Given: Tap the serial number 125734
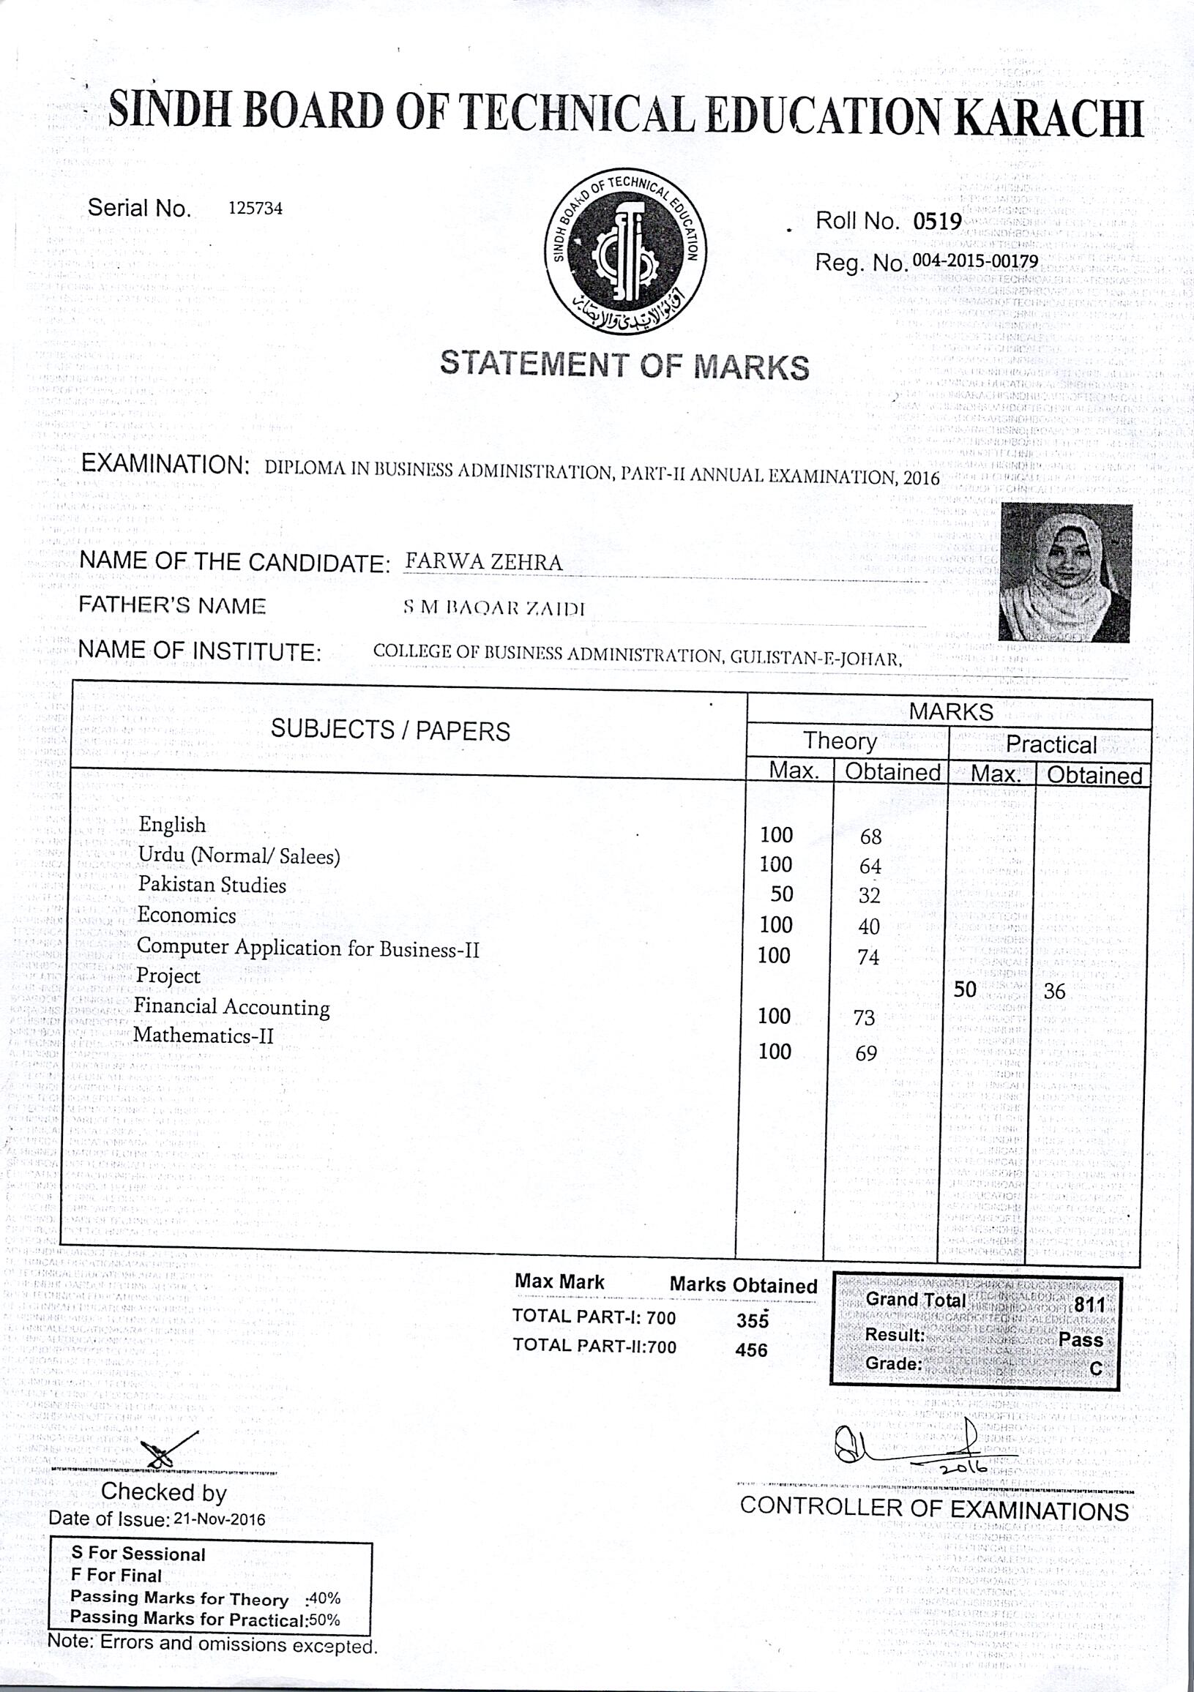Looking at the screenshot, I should pyautogui.click(x=255, y=209).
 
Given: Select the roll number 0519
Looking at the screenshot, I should pyautogui.click(x=937, y=222).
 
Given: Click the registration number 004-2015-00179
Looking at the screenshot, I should pyautogui.click(x=975, y=261).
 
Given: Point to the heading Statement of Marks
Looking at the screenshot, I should pyautogui.click(x=624, y=365).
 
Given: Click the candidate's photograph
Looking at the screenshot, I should pyautogui.click(x=1065, y=572).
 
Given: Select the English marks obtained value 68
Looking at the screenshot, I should pyautogui.click(x=870, y=836).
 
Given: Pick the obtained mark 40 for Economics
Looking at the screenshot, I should pyautogui.click(x=869, y=927).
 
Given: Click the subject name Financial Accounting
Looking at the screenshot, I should pyautogui.click(x=231, y=1007).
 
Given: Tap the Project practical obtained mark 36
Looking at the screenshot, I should pyautogui.click(x=1054, y=991).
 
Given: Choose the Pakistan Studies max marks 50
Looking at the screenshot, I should pyautogui.click(x=781, y=894).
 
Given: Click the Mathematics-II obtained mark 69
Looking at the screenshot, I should pyautogui.click(x=866, y=1053).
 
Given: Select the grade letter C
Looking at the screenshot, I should pyautogui.click(x=1096, y=1369).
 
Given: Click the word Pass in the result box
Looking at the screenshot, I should pyautogui.click(x=1080, y=1339).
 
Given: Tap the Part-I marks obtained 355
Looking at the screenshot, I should pyautogui.click(x=752, y=1320).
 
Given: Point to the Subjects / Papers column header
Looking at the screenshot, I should pyautogui.click(x=390, y=730).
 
